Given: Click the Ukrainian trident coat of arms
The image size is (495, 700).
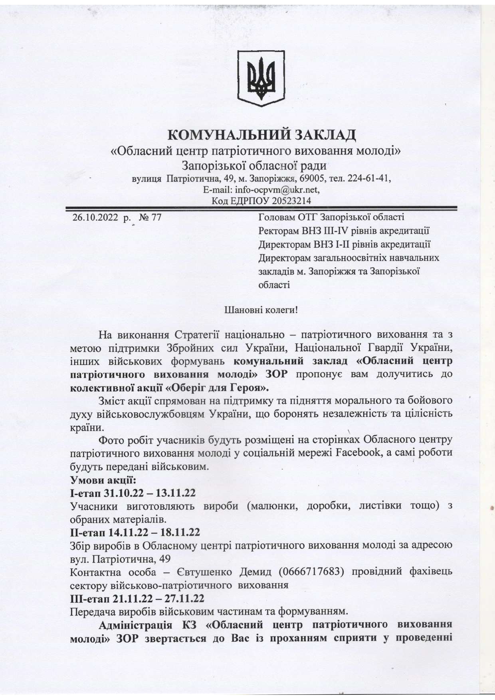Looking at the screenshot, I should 261,78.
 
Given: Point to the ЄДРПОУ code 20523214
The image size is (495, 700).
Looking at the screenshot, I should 291,200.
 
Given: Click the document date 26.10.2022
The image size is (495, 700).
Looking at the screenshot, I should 95,217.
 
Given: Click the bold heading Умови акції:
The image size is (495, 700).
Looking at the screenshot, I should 98,480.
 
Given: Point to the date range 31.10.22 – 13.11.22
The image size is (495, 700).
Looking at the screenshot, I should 150,493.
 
